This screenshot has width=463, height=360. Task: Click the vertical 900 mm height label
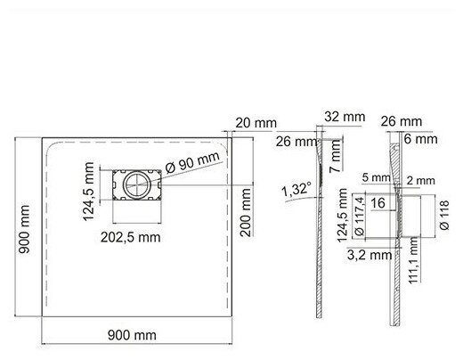pyautogui.click(x=24, y=229)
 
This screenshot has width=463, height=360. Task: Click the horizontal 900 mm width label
pyautogui.click(x=132, y=335)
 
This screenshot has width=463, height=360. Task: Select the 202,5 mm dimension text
pyautogui.click(x=131, y=237)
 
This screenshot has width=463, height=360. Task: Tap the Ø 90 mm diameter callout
pyautogui.click(x=192, y=162)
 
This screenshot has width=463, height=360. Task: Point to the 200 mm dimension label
pyautogui.click(x=246, y=213)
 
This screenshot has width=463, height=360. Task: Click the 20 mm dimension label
pyautogui.click(x=256, y=123)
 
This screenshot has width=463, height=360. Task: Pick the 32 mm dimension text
pyautogui.click(x=345, y=117)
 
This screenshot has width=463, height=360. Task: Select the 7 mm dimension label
pyautogui.click(x=336, y=156)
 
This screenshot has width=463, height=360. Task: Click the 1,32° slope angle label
pyautogui.click(x=296, y=190)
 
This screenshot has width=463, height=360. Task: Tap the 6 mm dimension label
pyautogui.click(x=421, y=139)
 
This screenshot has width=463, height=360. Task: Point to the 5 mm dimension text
pyautogui.click(x=376, y=177)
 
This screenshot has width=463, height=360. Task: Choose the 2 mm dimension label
pyautogui.click(x=421, y=180)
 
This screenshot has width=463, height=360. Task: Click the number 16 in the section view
pyautogui.click(x=378, y=203)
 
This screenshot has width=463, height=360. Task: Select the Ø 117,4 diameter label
pyautogui.click(x=360, y=217)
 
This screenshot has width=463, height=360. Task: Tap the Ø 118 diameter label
pyautogui.click(x=444, y=215)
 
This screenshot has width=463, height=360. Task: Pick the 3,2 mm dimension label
pyautogui.click(x=370, y=255)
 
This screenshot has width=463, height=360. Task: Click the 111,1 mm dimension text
pyautogui.click(x=413, y=260)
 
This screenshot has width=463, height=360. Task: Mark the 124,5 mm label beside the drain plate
pyautogui.click(x=88, y=192)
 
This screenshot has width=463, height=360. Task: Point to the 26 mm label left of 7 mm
pyautogui.click(x=296, y=142)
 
